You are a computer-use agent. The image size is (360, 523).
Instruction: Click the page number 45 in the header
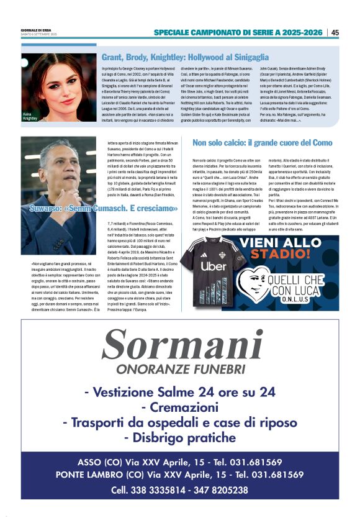click(335, 32)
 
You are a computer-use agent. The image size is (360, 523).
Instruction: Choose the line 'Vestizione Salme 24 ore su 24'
click(180, 392)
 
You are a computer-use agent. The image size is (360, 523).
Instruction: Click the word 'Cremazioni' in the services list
click(180, 407)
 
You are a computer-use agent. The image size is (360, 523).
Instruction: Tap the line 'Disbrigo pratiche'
click(180, 438)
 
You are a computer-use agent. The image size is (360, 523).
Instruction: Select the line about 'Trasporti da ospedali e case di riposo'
click(180, 422)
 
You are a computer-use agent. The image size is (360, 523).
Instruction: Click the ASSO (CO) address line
click(180, 462)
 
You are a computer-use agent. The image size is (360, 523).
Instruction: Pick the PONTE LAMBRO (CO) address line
click(180, 475)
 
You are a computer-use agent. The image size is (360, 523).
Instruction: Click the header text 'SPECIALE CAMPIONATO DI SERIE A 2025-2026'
click(238, 32)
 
